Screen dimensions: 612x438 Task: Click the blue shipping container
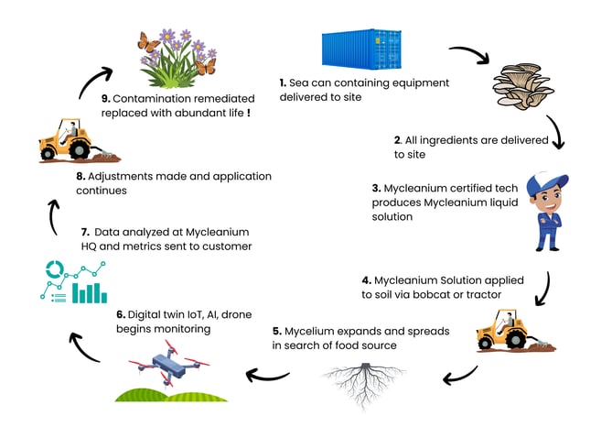(x=361, y=49)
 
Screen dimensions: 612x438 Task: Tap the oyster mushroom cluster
(x=523, y=86)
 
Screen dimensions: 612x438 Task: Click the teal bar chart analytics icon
(x=74, y=282)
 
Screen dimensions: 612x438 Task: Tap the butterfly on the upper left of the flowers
(x=148, y=42)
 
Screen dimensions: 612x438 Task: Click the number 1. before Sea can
(x=283, y=82)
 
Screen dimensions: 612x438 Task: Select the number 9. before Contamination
(x=106, y=99)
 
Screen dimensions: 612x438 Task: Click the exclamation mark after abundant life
(x=249, y=113)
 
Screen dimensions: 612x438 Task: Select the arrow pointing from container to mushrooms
(x=469, y=53)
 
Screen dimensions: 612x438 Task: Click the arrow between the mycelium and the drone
(x=267, y=377)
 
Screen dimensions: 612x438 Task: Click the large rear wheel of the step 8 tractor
(x=80, y=149)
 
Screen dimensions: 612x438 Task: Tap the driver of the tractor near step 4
(x=508, y=322)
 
